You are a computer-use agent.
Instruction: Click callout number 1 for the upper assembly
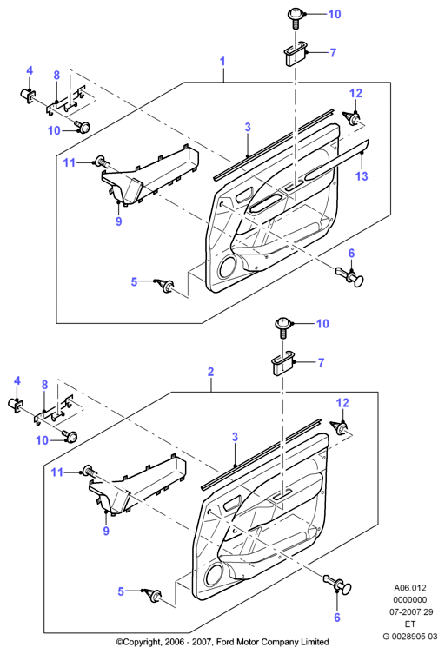pyautogui.click(x=222, y=62)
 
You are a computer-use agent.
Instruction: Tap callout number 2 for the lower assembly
pyautogui.click(x=211, y=371)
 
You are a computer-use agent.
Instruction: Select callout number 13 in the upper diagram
pyautogui.click(x=362, y=176)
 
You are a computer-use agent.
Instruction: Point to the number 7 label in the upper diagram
pyautogui.click(x=333, y=53)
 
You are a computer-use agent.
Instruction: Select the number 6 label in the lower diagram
pyautogui.click(x=337, y=618)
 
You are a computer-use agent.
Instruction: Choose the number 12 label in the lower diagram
pyautogui.click(x=342, y=403)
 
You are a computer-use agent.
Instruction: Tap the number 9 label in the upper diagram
pyautogui.click(x=118, y=221)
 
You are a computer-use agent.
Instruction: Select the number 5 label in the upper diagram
pyautogui.click(x=134, y=282)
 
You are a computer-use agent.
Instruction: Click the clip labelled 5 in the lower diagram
pyautogui.click(x=153, y=596)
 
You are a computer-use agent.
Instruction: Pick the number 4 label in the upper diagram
pyautogui.click(x=30, y=70)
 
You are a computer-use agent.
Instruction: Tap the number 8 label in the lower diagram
pyautogui.click(x=44, y=385)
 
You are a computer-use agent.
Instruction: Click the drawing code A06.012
pyautogui.click(x=410, y=588)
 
